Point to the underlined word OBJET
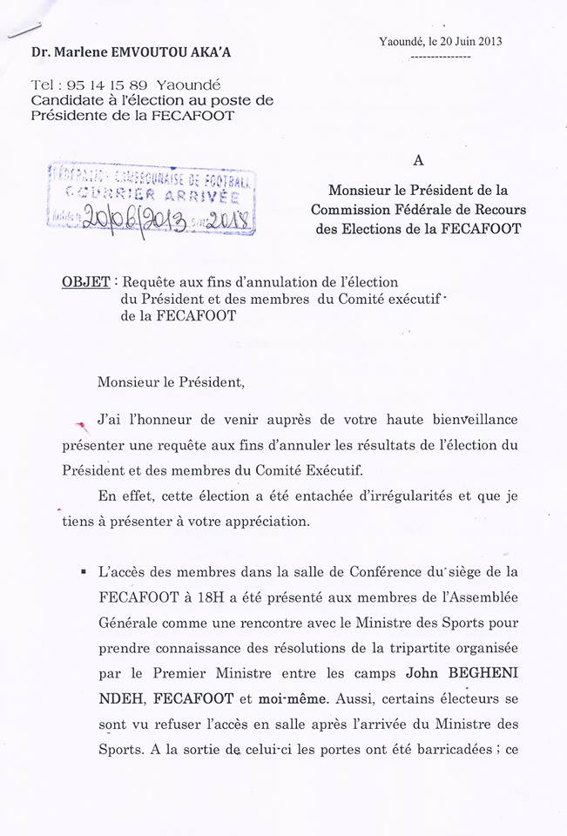pyautogui.click(x=86, y=282)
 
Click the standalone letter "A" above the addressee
pyautogui.click(x=419, y=161)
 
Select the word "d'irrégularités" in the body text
pyautogui.click(x=400, y=496)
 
